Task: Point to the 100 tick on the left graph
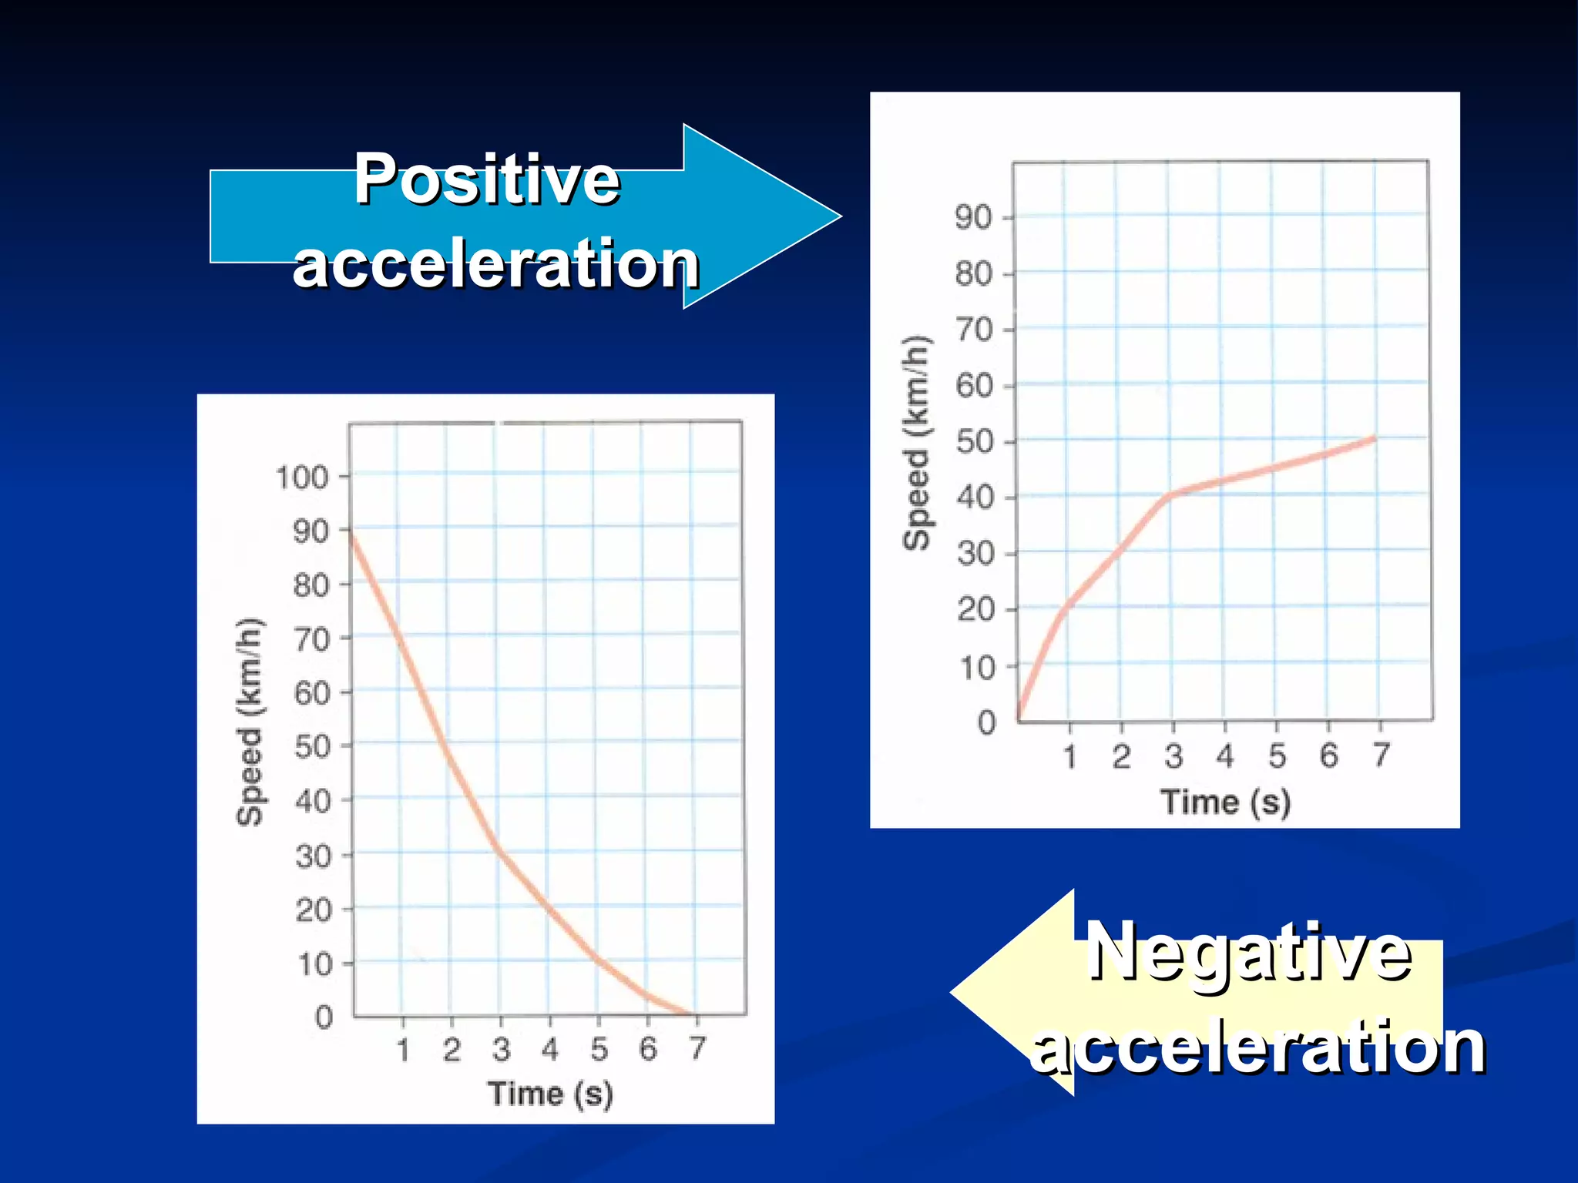click(302, 478)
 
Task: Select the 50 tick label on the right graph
click(974, 442)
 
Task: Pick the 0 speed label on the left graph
click(324, 1017)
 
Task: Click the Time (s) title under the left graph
click(550, 1093)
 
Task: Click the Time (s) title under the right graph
click(1225, 802)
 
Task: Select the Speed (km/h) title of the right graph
click(916, 443)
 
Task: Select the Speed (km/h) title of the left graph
click(249, 722)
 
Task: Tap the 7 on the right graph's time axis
click(1381, 755)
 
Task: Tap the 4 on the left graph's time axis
click(549, 1048)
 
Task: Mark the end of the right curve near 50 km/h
click(1374, 439)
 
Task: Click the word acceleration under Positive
click(496, 263)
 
